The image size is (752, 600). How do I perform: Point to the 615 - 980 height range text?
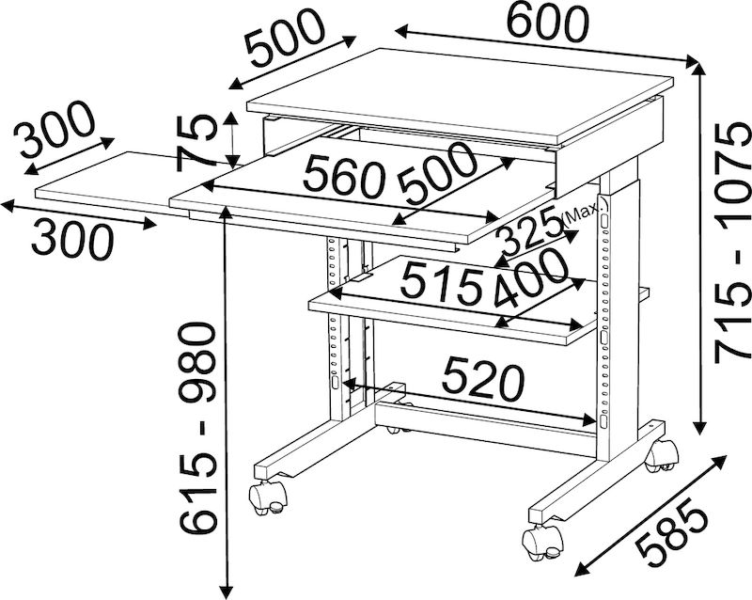(196, 428)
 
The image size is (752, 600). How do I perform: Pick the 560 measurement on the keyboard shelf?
(344, 178)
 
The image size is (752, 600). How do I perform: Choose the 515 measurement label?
(441, 284)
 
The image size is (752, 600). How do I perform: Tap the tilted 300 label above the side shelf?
(55, 129)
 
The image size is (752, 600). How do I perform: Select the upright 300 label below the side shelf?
(72, 241)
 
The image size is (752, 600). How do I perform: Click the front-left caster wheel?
(267, 497)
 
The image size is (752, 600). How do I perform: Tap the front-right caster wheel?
(542, 542)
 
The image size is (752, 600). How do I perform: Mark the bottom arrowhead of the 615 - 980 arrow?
(227, 592)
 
